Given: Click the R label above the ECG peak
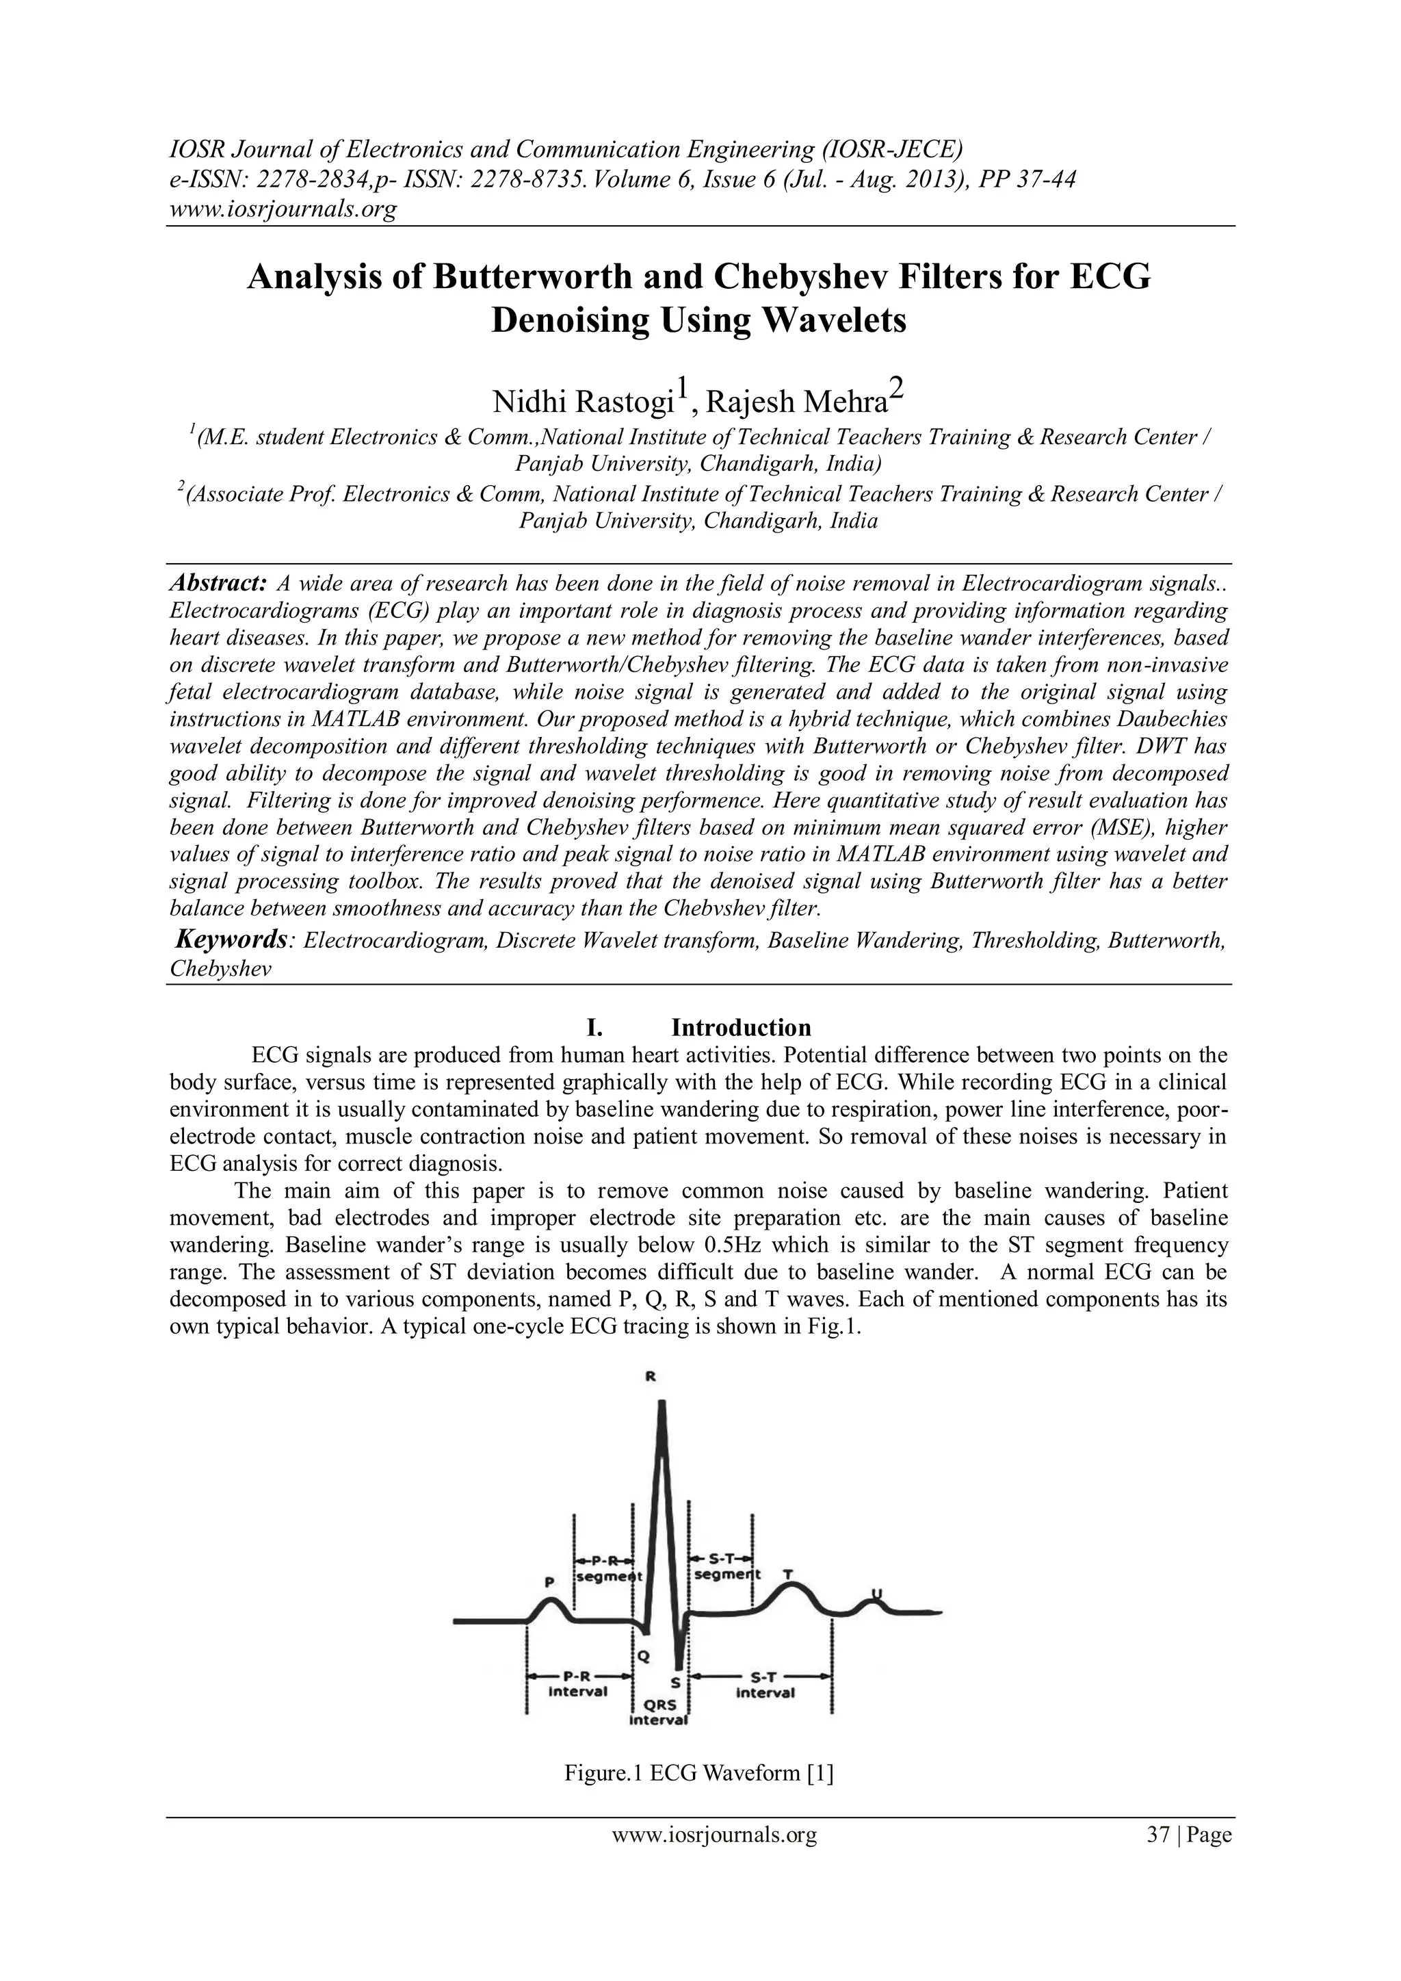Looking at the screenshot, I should pyautogui.click(x=649, y=1378).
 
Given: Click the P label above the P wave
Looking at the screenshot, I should pyautogui.click(x=549, y=1582).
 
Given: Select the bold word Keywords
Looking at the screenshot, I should pyautogui.click(x=231, y=939).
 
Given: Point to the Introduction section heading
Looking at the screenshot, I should pyautogui.click(x=740, y=1028).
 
